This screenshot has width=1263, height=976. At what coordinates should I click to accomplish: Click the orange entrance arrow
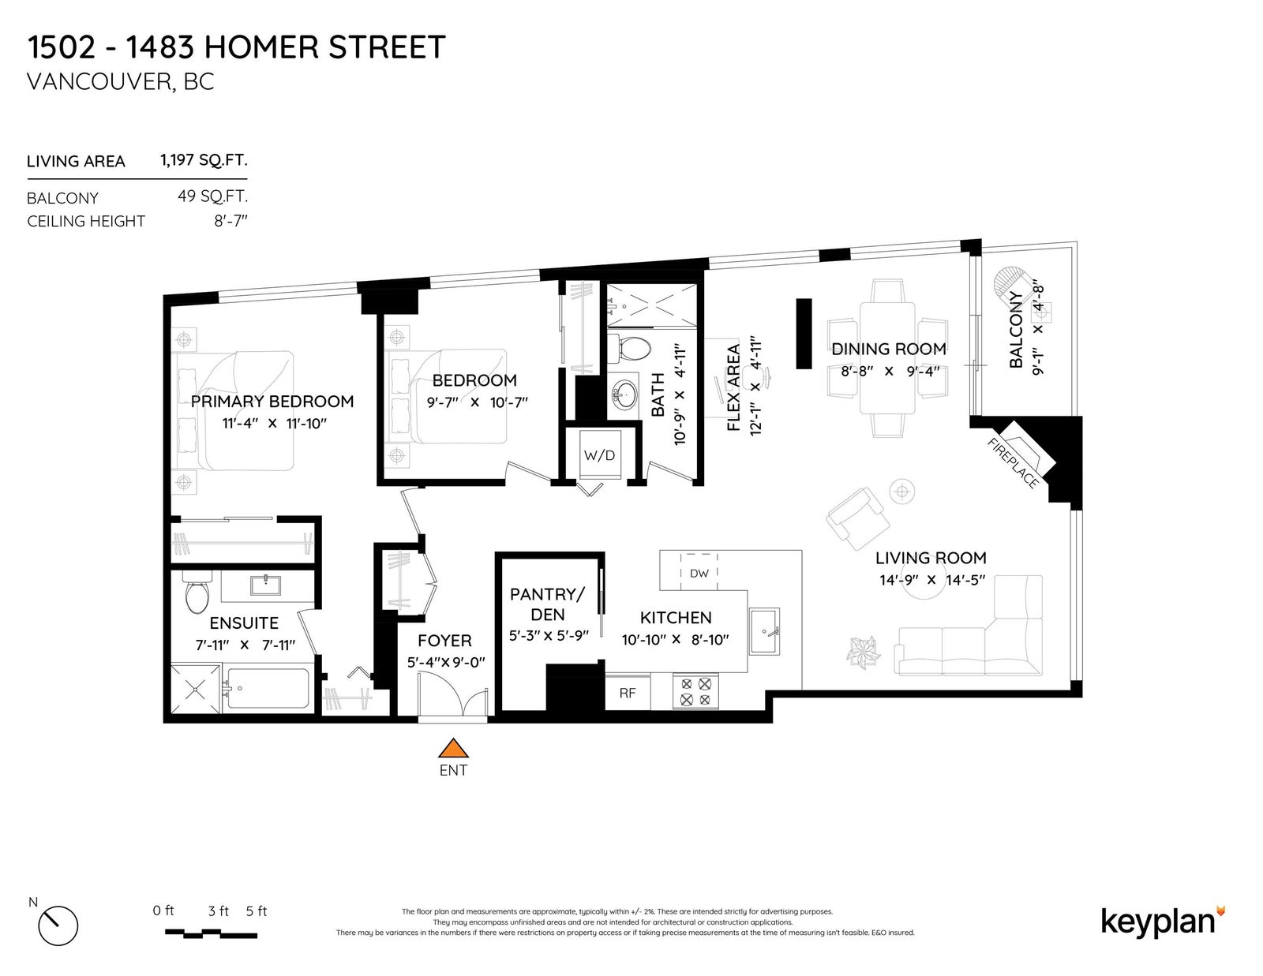pos(453,748)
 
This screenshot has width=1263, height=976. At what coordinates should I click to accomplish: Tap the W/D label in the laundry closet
pos(599,455)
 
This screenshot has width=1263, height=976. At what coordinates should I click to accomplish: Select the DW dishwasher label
pos(699,573)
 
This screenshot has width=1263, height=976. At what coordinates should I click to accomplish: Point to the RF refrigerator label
pos(627,693)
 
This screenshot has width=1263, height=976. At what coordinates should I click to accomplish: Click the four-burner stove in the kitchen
pos(695,691)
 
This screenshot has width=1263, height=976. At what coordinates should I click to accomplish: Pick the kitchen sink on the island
pos(764,631)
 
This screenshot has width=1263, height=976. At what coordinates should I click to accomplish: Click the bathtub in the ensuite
pos(268,689)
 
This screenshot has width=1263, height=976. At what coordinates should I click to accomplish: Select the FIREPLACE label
pos(1013,463)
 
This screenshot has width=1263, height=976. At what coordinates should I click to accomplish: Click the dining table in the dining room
pos(887,358)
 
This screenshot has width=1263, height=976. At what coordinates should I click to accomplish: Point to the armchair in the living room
pos(858,518)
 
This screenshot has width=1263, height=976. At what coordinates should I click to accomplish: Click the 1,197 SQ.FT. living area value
pos(204,159)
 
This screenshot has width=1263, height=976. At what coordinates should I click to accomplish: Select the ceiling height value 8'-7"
pos(230,221)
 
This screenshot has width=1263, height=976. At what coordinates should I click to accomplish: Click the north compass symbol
pos(58,926)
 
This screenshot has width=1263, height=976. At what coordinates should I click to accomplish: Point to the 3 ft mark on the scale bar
pos(219,911)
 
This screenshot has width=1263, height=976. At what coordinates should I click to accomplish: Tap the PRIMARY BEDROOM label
pos(272,402)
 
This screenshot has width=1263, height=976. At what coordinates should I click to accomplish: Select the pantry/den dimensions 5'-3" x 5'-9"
pos(549,636)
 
